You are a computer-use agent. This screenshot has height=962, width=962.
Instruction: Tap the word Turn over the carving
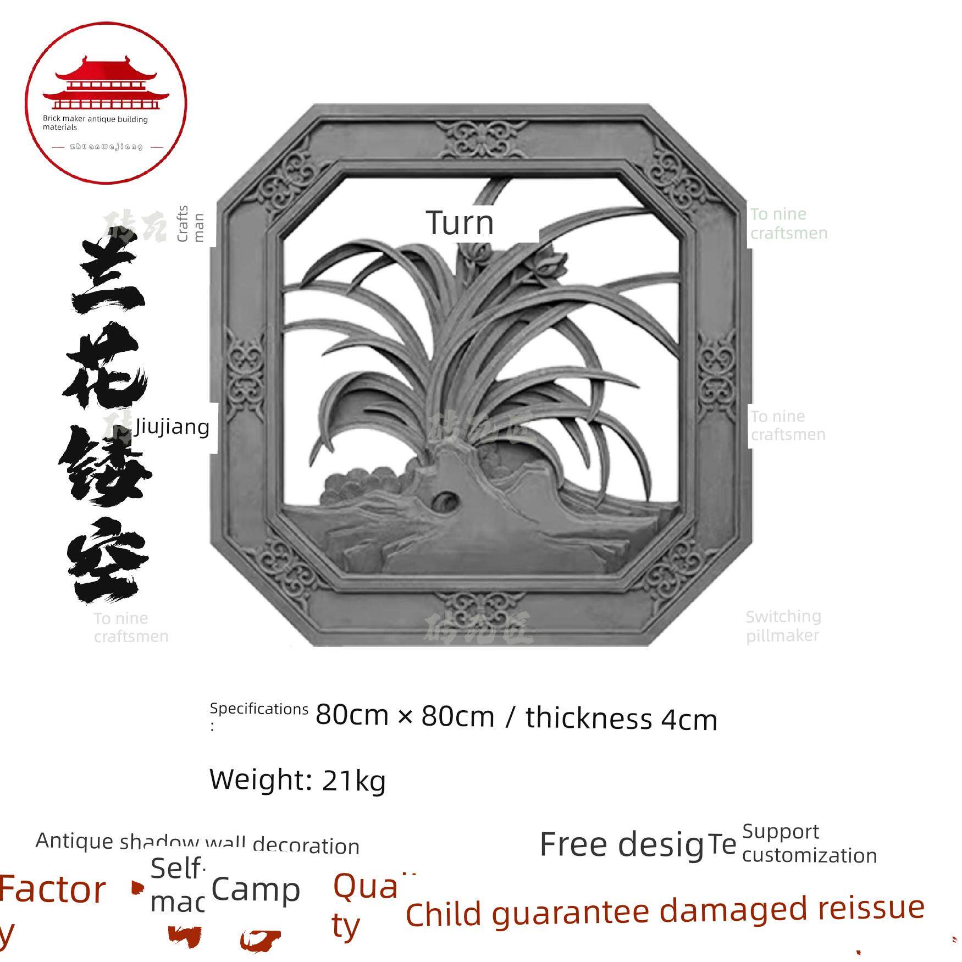coord(460,223)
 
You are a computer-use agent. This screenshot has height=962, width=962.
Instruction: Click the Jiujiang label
coord(172,427)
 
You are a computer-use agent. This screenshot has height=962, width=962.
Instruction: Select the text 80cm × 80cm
coord(405,716)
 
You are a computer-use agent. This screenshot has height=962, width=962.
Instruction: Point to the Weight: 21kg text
coord(297,779)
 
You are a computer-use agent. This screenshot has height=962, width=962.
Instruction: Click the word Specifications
coord(259,709)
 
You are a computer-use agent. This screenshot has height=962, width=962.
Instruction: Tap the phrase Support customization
coord(809,844)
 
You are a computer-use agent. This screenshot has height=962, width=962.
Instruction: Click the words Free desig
coord(621,845)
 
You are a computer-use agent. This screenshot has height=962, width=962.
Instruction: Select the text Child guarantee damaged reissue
coord(665,913)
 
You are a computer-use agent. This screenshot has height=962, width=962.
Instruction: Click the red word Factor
coord(53,890)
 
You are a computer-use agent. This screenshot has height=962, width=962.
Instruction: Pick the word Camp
coord(256,891)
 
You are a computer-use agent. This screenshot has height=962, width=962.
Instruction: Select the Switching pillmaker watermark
coord(783,626)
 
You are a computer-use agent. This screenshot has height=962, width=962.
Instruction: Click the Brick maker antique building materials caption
coord(95,123)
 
